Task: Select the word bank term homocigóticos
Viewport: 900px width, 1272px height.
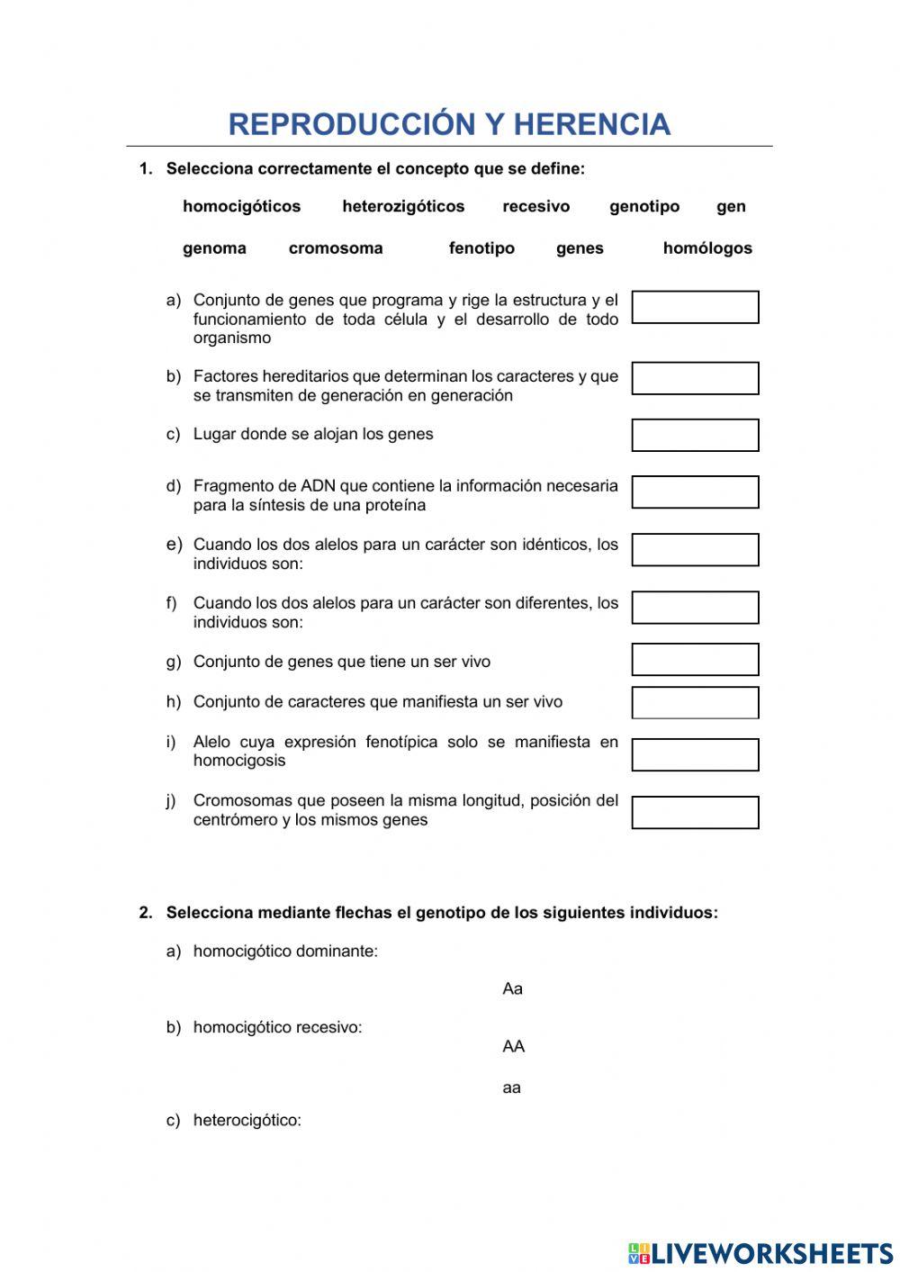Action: click(x=241, y=206)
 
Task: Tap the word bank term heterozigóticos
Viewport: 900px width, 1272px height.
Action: click(x=403, y=206)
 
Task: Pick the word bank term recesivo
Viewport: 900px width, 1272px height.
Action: click(x=535, y=206)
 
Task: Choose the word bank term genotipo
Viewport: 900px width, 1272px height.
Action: click(x=644, y=206)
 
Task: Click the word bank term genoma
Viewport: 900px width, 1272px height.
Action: click(x=214, y=248)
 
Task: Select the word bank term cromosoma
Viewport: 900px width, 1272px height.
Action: click(x=336, y=248)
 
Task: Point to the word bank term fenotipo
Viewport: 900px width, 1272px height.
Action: click(x=481, y=248)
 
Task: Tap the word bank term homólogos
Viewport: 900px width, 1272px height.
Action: click(x=707, y=248)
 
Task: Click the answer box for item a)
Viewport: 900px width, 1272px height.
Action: click(x=695, y=307)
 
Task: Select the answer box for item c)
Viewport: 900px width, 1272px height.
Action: click(x=695, y=435)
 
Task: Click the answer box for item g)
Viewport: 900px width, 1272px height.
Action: click(x=695, y=660)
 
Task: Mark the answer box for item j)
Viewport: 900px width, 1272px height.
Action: click(x=695, y=812)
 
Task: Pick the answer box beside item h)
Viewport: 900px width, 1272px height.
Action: click(x=695, y=702)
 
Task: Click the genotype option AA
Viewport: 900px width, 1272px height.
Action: click(x=513, y=1046)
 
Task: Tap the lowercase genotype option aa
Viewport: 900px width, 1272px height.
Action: click(x=511, y=1087)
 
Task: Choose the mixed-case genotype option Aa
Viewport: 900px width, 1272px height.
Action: click(x=512, y=988)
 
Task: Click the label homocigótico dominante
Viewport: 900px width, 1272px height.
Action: click(x=285, y=952)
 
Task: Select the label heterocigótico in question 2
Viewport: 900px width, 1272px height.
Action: click(x=247, y=1121)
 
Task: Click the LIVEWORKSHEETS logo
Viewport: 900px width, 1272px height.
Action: click(x=760, y=1253)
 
